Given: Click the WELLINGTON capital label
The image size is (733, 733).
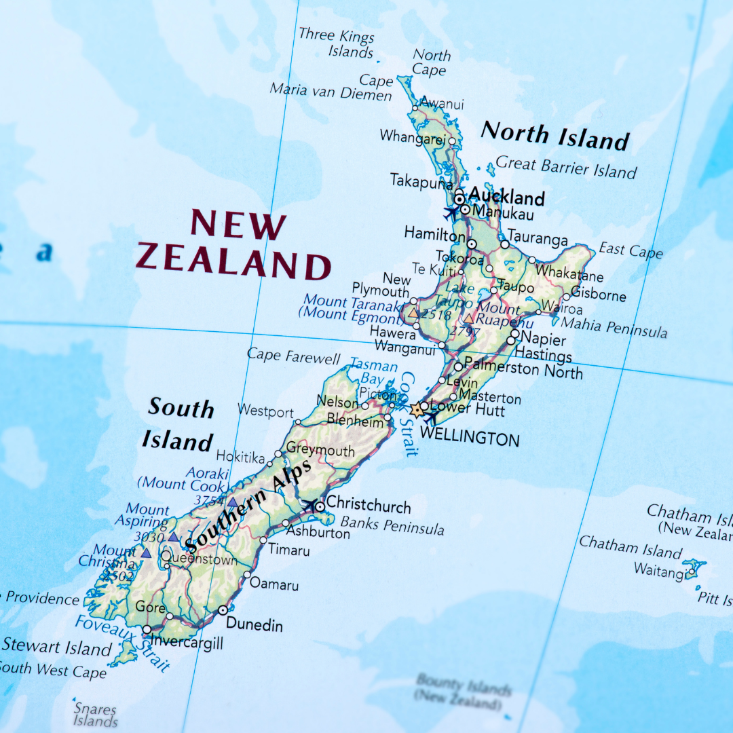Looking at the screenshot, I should (x=470, y=438).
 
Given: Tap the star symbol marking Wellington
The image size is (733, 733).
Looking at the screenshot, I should (x=415, y=410).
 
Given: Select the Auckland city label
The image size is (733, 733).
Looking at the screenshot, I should (x=506, y=197).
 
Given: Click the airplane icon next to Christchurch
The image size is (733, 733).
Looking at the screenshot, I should (x=310, y=505).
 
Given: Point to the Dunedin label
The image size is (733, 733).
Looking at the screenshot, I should (x=254, y=624).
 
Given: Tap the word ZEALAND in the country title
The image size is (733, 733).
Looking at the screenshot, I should (x=233, y=261).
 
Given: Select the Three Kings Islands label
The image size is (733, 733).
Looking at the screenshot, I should (x=337, y=42).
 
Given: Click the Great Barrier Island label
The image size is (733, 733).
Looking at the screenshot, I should (x=566, y=167).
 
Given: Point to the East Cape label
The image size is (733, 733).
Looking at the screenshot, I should (x=631, y=250).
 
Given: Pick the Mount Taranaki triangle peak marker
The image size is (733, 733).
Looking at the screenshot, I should (x=413, y=313).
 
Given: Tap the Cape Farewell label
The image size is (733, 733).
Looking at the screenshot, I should (x=293, y=356).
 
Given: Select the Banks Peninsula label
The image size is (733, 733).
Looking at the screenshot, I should (x=392, y=525).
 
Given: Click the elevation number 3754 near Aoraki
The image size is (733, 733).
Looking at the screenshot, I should (x=209, y=501).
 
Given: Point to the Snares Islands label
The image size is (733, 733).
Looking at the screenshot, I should (x=95, y=714).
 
